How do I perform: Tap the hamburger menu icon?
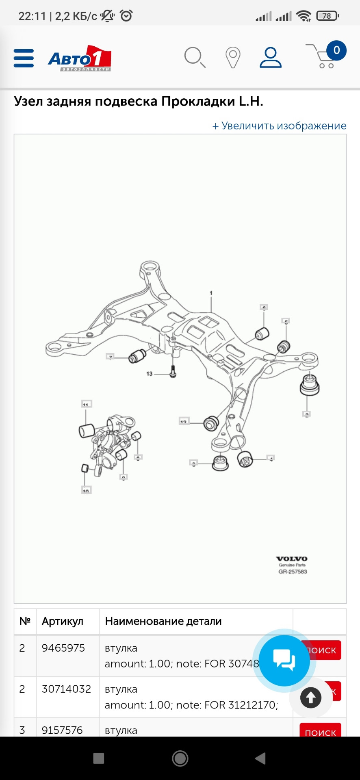click(x=24, y=58)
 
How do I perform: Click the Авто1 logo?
click(x=80, y=58)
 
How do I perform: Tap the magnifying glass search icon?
click(x=195, y=57)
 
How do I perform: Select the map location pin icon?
click(x=233, y=58)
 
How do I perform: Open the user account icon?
click(x=271, y=57)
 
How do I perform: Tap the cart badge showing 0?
click(x=336, y=51)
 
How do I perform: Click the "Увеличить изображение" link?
click(x=279, y=126)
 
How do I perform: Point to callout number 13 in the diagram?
click(x=150, y=374)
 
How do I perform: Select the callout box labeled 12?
click(x=184, y=421)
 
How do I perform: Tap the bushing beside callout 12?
click(x=211, y=423)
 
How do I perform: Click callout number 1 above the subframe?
click(x=211, y=293)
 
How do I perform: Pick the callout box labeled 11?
click(x=86, y=404)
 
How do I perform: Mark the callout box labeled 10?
click(x=86, y=490)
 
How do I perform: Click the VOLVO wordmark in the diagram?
click(x=292, y=559)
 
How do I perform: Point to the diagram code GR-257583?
click(x=293, y=572)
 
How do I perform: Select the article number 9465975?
click(x=63, y=648)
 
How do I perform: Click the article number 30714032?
click(x=66, y=689)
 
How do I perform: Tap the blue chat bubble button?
click(x=284, y=661)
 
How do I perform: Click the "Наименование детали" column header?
click(x=163, y=621)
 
